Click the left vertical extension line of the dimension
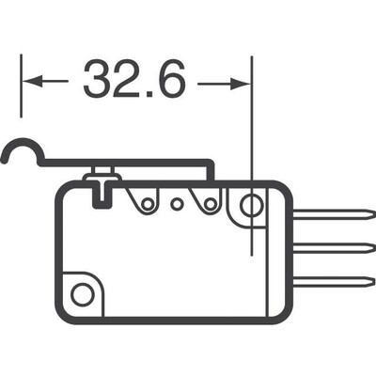point(21,89)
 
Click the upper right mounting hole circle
point(251,204)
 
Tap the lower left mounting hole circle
point(83,294)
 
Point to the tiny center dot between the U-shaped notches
point(174,201)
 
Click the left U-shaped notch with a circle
point(145,200)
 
